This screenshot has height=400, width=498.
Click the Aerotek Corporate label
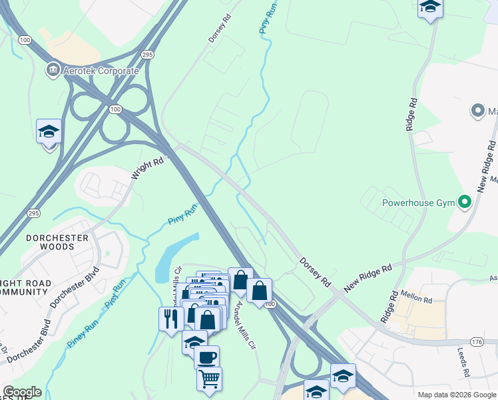tap(101, 71)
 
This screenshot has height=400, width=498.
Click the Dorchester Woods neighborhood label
tap(51, 242)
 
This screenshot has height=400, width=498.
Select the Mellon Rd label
tap(417, 295)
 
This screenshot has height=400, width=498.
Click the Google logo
tap(22, 392)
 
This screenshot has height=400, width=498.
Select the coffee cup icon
tap(206, 356)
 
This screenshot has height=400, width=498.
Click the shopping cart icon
tap(209, 379)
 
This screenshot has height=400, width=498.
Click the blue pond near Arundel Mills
tap(174, 257)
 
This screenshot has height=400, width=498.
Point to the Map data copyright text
tap(457, 395)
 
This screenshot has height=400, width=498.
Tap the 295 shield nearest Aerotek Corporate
tap(148, 53)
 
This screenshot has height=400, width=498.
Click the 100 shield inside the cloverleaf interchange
tap(115, 109)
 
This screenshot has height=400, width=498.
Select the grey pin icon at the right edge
tap(477, 111)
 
